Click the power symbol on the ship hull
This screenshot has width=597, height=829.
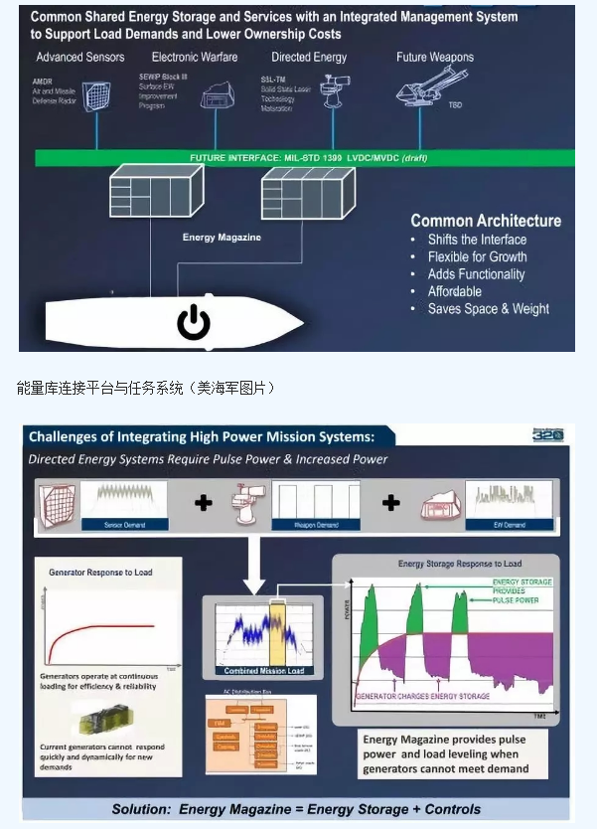pos(193,322)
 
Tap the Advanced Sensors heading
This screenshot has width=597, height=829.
pos(79,58)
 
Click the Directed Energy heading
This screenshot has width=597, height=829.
pos(309,58)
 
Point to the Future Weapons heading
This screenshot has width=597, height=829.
pos(435,58)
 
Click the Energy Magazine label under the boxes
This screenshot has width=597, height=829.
pos(221,238)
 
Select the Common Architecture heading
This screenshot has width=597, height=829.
pos(486,221)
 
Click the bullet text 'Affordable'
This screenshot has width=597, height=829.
pos(455,291)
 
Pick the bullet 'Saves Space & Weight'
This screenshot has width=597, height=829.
pos(488,309)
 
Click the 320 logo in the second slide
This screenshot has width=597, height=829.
pos(547,435)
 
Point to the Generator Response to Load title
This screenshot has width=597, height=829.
pos(101,573)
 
